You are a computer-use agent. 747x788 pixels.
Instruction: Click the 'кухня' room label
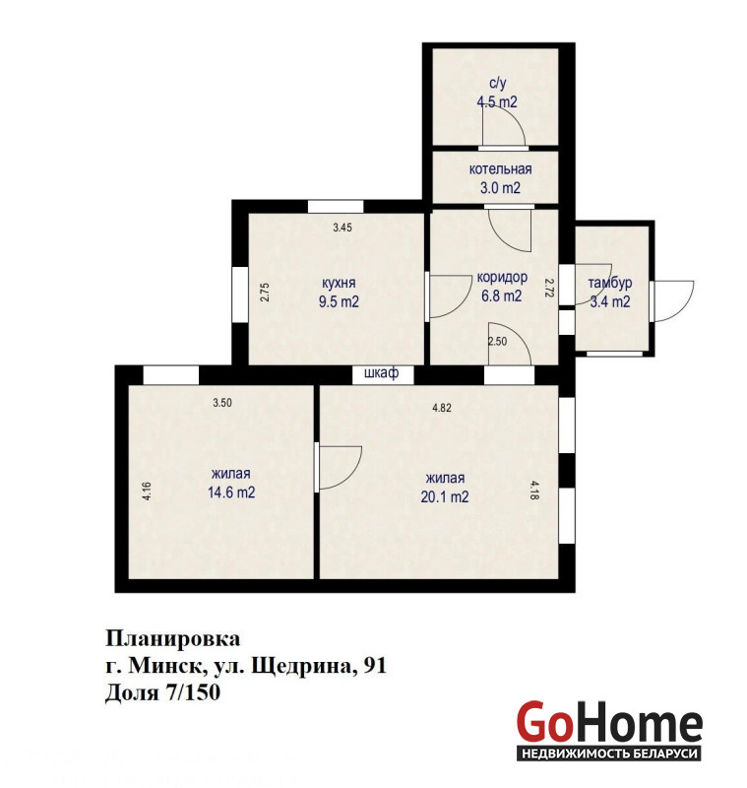[339, 283]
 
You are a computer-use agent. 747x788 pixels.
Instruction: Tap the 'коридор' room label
[502, 278]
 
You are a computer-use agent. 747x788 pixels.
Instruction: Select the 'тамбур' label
[610, 283]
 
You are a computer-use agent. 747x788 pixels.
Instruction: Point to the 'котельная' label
[500, 169]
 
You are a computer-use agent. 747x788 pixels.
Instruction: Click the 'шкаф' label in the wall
[382, 373]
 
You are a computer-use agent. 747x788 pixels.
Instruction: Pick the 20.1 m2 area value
[445, 497]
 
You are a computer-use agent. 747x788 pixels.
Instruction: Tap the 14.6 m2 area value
[231, 492]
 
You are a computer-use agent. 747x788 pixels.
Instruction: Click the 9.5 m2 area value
[339, 302]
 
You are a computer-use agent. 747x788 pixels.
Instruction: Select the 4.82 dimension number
[442, 408]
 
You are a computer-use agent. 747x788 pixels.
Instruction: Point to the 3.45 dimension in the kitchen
[342, 228]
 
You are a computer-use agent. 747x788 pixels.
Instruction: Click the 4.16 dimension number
[147, 491]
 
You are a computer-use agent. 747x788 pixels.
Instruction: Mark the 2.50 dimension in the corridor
[497, 342]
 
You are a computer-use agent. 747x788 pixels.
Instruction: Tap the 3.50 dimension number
[222, 403]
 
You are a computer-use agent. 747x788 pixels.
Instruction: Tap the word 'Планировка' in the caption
[172, 639]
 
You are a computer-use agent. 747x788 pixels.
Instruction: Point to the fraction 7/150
[192, 692]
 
